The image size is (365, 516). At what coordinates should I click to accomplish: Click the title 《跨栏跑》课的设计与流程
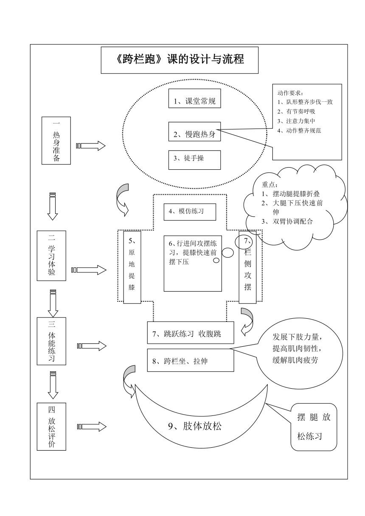pyautogui.click(x=180, y=59)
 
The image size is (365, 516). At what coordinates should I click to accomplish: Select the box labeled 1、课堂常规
pyautogui.click(x=194, y=98)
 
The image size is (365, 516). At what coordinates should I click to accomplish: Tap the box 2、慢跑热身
pyautogui.click(x=194, y=132)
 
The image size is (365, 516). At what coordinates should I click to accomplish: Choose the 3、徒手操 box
pyautogui.click(x=194, y=160)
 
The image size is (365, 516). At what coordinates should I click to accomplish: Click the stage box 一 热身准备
pyautogui.click(x=56, y=140)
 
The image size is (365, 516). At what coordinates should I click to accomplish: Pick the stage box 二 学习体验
pyautogui.click(x=51, y=256)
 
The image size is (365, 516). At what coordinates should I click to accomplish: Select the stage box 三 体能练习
pyautogui.click(x=51, y=341)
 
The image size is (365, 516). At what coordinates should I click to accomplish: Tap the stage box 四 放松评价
pyautogui.click(x=51, y=426)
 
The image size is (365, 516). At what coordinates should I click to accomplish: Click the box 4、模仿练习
pyautogui.click(x=190, y=212)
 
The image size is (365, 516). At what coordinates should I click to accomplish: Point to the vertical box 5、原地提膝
pyautogui.click(x=132, y=267)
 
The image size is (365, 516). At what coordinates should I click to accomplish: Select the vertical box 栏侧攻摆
pyautogui.click(x=248, y=267)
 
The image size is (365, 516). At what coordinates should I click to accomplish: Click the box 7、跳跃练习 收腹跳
pyautogui.click(x=191, y=333)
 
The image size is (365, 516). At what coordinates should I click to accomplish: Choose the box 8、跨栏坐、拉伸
pyautogui.click(x=191, y=360)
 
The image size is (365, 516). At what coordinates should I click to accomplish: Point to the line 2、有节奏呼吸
pyautogui.click(x=296, y=112)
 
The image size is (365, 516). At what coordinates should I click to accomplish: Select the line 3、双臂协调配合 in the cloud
pyautogui.click(x=287, y=222)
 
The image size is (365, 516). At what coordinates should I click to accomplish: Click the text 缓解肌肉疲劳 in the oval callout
pyautogui.click(x=295, y=360)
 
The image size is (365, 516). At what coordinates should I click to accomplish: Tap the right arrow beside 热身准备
pyautogui.click(x=91, y=146)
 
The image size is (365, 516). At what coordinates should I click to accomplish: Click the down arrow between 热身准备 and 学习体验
pyautogui.click(x=53, y=206)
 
